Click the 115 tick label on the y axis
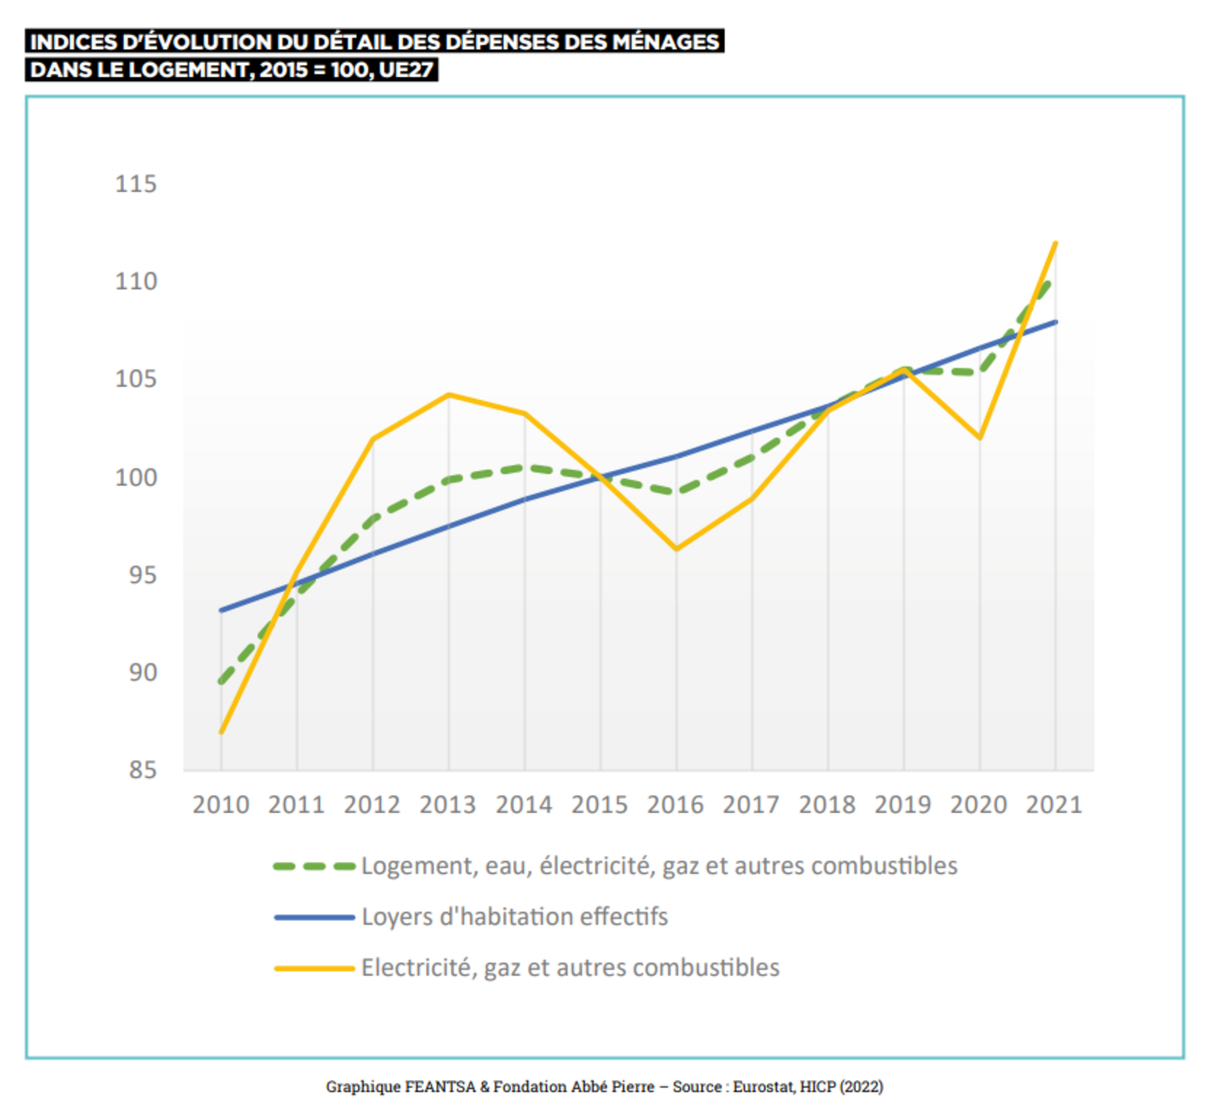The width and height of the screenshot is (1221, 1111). point(135,184)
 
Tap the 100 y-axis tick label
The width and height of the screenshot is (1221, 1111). point(135,477)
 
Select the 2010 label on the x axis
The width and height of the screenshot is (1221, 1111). point(221,805)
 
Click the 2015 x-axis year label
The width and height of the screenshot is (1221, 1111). point(599,805)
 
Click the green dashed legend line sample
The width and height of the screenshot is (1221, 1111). point(314,866)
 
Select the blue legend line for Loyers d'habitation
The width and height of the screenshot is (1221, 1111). point(314,917)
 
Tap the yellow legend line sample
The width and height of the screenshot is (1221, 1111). point(314,968)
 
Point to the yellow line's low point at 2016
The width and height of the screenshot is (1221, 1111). point(676,549)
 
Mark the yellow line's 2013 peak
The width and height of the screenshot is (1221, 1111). point(449,395)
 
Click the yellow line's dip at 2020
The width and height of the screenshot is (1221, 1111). point(980,437)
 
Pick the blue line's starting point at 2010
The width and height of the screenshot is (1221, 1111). point(221,610)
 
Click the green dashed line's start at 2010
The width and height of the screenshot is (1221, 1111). point(221,682)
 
